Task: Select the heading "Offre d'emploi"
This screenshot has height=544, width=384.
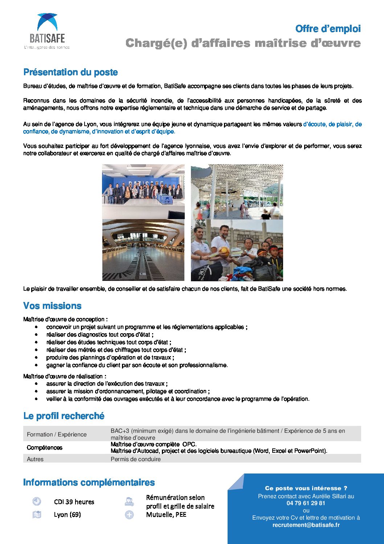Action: tap(328, 29)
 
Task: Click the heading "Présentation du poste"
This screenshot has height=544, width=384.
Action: tap(70, 72)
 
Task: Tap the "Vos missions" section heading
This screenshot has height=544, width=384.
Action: tap(52, 306)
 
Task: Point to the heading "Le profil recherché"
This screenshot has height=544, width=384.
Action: tap(64, 416)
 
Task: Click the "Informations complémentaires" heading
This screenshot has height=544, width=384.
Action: tap(89, 482)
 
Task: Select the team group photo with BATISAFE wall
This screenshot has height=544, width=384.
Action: tap(143, 192)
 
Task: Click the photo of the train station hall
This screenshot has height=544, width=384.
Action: tap(143, 250)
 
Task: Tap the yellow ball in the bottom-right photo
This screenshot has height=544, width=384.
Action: tap(224, 252)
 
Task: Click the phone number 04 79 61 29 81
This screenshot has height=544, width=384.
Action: tap(306, 503)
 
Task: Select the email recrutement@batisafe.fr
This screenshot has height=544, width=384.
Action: tap(306, 525)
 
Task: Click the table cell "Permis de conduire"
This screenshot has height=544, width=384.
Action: tap(135, 459)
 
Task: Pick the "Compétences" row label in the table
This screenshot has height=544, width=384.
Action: tap(45, 447)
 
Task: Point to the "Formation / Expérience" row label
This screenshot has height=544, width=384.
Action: tap(57, 434)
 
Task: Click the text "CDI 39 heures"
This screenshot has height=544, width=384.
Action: tap(74, 502)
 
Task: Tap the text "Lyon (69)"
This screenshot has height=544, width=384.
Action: tap(67, 515)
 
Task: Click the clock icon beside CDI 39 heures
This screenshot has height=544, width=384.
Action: tap(37, 501)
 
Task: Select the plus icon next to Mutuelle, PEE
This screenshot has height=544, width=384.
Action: tap(129, 515)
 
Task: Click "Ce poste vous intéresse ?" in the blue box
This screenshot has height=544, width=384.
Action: tap(306, 488)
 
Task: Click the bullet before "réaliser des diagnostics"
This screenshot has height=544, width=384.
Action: tap(37, 335)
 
